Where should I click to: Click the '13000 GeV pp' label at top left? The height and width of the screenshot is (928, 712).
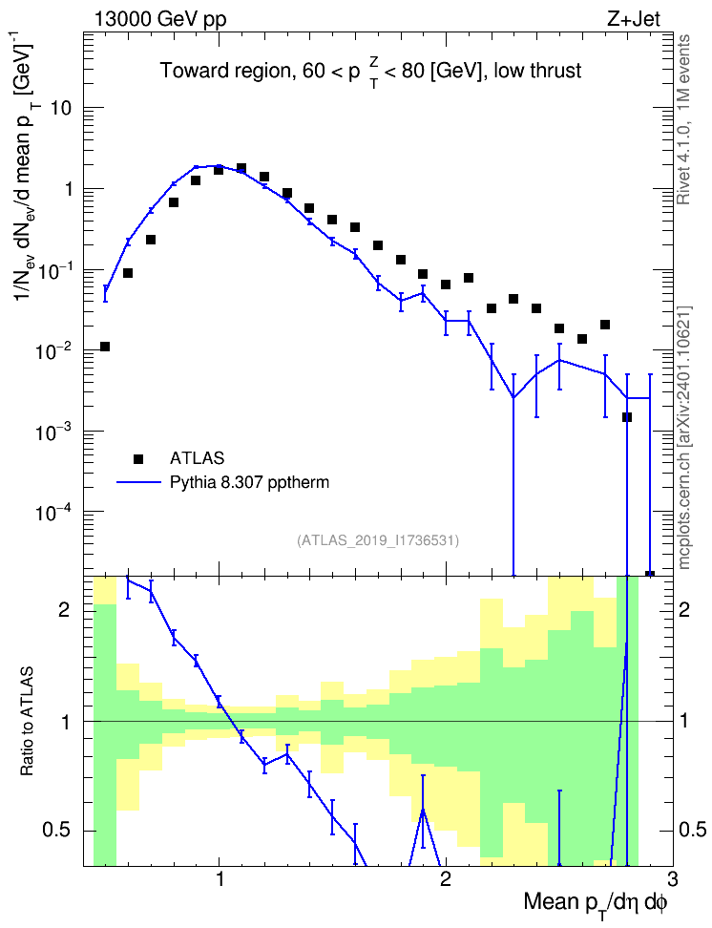[160, 19]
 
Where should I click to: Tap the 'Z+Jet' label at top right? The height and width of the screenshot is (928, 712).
[634, 19]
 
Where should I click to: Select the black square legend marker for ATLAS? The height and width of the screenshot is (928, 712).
[137, 458]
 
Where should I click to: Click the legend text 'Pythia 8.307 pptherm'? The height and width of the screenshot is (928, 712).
[249, 482]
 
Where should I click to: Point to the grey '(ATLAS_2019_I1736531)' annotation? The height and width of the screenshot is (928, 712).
[378, 539]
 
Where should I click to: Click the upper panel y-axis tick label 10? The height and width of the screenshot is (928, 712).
[61, 108]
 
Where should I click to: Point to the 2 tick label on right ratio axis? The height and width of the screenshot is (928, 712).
[684, 609]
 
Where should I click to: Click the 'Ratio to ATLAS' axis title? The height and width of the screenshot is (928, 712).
[28, 722]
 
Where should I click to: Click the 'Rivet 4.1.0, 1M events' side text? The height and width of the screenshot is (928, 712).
[683, 119]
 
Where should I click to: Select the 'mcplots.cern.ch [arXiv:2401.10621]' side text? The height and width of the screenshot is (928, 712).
[684, 438]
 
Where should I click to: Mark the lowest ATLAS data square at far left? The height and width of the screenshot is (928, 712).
[105, 347]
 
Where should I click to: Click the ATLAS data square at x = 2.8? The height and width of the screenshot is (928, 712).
[627, 417]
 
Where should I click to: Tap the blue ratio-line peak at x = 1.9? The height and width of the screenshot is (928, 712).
[423, 810]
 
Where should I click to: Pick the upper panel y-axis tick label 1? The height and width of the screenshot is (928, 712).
[69, 189]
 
